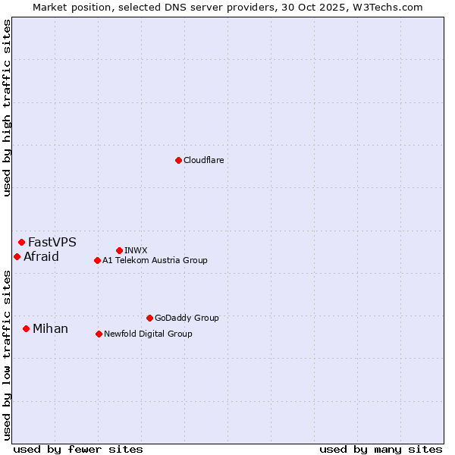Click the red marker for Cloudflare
178,160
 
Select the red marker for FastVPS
21,243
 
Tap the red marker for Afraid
17,257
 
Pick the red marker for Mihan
26,329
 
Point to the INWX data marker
119,250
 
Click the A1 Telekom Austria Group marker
97,261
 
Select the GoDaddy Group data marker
149,318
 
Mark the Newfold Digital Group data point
99,334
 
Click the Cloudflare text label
204,161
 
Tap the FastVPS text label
52,243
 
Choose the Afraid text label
41,257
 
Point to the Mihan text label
50,329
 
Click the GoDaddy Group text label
187,318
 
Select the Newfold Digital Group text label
148,334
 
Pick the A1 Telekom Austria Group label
155,261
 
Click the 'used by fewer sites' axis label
78,449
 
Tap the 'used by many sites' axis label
381,449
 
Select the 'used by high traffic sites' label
8,108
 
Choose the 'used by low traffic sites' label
8,354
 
